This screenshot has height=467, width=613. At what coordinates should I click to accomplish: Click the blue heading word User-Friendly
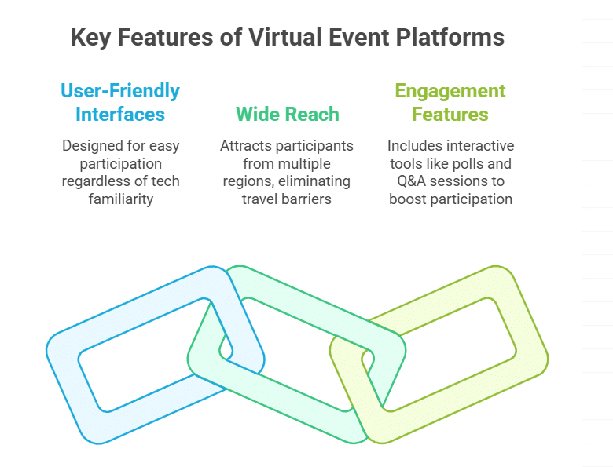point(120,91)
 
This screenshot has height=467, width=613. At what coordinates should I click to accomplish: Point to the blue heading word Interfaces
point(120,115)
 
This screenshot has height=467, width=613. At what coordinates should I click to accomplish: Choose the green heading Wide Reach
point(288,115)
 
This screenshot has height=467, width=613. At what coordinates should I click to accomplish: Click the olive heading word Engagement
point(450,91)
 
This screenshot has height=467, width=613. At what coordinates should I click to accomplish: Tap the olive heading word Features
point(450,115)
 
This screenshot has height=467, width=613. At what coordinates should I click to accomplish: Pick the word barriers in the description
point(312,199)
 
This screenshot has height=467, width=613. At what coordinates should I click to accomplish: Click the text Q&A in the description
point(406,181)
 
